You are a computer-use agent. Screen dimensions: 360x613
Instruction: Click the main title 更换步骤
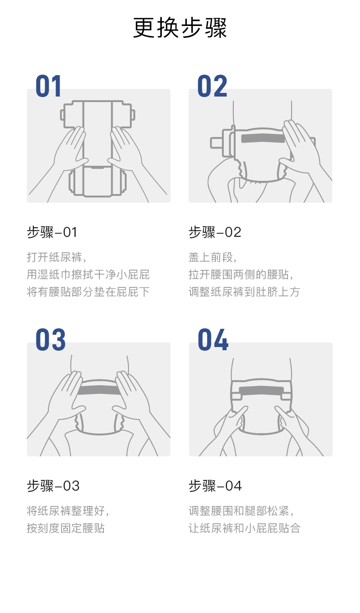pyautogui.click(x=180, y=28)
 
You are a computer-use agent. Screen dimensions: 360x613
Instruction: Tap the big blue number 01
pyautogui.click(x=48, y=86)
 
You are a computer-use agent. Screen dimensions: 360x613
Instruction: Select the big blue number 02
pyautogui.click(x=212, y=86)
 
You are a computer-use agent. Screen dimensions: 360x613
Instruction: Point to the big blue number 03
pyautogui.click(x=51, y=340)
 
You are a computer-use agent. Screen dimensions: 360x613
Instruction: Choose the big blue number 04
pyautogui.click(x=213, y=340)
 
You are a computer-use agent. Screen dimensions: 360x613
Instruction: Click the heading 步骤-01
pyautogui.click(x=52, y=232)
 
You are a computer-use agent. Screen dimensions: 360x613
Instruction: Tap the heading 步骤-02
pyautogui.click(x=215, y=232)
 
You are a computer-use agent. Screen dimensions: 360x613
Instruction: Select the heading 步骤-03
pyautogui.click(x=53, y=486)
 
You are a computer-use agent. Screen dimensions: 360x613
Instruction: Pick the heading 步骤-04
pyautogui.click(x=215, y=486)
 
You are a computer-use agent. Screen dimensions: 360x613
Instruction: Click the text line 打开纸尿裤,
pyautogui.click(x=57, y=257)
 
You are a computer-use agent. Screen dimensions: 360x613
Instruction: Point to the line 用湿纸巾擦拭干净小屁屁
pyautogui.click(x=88, y=275)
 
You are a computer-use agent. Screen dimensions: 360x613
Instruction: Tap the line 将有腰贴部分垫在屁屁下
pyautogui.click(x=88, y=292)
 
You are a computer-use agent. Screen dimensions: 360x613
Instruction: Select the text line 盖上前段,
pyautogui.click(x=213, y=257)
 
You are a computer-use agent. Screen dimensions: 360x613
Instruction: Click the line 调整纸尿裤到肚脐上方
pyautogui.click(x=244, y=292)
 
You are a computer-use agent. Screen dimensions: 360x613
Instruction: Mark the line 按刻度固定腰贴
pyautogui.click(x=66, y=528)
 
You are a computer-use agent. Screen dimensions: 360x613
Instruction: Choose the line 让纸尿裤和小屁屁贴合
pyautogui.click(x=244, y=528)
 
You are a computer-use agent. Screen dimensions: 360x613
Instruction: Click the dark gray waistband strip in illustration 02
pyautogui.click(x=263, y=138)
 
